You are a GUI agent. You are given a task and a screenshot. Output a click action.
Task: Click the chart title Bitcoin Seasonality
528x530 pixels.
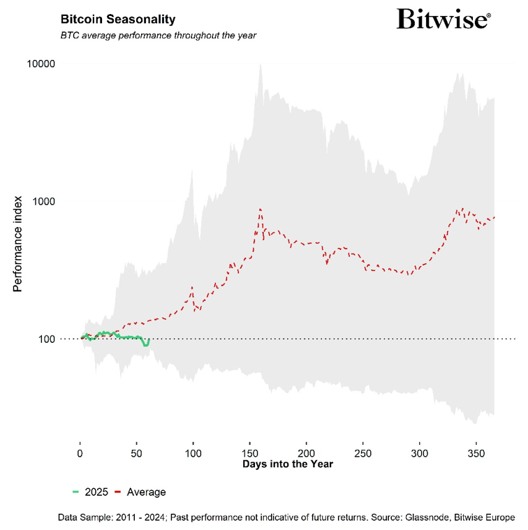tap(118, 19)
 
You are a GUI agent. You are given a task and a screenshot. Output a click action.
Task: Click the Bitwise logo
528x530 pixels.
tap(443, 19)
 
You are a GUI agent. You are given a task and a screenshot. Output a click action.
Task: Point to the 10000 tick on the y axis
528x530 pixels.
tap(41, 64)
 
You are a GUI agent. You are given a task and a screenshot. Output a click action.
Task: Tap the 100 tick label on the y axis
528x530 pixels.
tap(46, 339)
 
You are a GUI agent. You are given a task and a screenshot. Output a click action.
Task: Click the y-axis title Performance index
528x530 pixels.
tap(19, 244)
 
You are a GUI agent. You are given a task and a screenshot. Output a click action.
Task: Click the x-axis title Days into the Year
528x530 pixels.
tap(287, 464)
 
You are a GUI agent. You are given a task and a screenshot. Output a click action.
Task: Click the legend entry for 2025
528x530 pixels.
tap(90, 492)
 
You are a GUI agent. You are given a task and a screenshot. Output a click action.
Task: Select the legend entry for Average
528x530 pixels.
tap(140, 492)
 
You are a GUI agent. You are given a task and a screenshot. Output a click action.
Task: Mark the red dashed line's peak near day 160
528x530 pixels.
tap(261, 208)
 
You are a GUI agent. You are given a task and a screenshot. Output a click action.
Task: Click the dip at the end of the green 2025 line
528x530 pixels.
tap(146, 345)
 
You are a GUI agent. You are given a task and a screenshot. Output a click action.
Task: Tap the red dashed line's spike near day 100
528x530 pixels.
tap(193, 287)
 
